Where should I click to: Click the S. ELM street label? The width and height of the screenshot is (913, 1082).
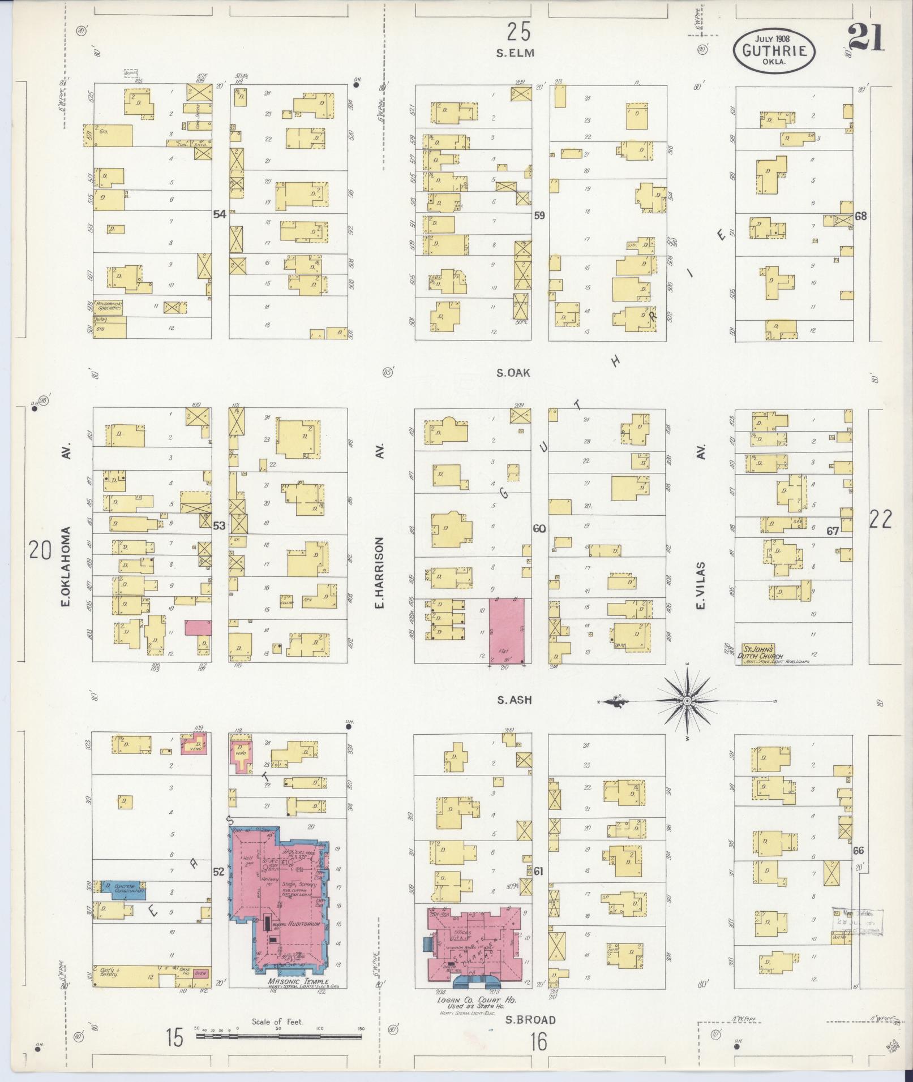[515, 53]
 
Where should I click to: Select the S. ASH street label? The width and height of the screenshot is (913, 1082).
[515, 700]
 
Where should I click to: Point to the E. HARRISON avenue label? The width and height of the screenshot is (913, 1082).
[380, 572]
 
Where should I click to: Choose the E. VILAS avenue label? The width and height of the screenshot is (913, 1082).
[701, 585]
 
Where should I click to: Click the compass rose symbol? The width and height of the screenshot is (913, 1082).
[687, 701]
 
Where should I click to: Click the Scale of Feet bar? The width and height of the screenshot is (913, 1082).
[278, 1036]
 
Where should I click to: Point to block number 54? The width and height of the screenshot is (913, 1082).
[220, 214]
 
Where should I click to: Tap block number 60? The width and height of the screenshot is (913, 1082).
[539, 529]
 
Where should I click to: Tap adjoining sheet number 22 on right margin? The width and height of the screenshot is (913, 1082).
[881, 519]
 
